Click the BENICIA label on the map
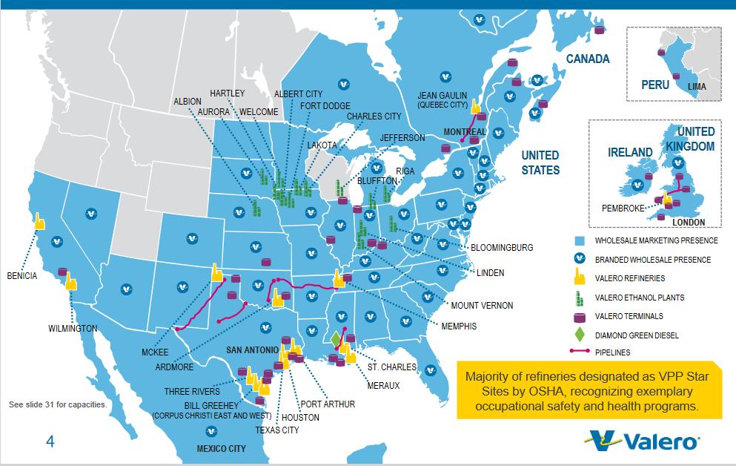(21, 275)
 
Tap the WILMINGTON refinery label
(73, 328)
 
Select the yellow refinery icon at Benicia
(39, 222)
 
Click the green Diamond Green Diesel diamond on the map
(336, 339)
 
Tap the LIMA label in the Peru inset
(697, 87)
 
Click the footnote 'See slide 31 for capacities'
(58, 405)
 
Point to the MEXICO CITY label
(221, 449)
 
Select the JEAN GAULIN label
(442, 96)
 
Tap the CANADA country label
(588, 59)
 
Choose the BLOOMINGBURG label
(502, 247)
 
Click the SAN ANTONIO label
(253, 349)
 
